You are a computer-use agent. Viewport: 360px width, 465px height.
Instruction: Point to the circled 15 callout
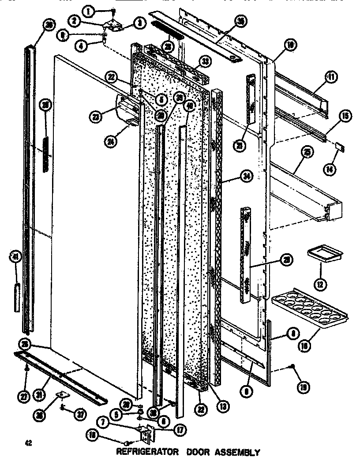click(x=345, y=116)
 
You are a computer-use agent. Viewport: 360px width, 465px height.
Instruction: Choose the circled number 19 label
click(x=303, y=387)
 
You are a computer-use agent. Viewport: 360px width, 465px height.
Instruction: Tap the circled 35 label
click(x=241, y=21)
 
